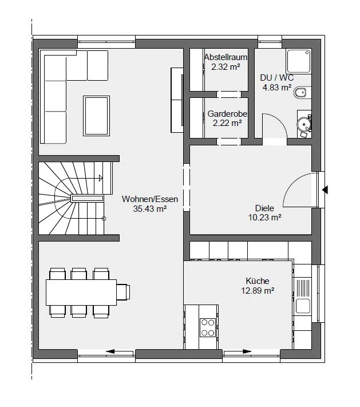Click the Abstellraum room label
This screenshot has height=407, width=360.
[x=226, y=57]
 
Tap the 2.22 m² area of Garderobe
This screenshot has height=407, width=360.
[x=227, y=123]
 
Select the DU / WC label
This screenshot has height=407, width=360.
[x=277, y=78]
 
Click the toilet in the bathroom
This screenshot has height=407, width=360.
[x=302, y=92]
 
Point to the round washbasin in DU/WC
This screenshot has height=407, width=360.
[x=303, y=124]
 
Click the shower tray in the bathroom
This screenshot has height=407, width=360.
[x=299, y=61]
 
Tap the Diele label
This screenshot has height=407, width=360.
[x=264, y=208]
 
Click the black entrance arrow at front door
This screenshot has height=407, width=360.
[x=325, y=190]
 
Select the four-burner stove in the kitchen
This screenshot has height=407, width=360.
[x=208, y=327]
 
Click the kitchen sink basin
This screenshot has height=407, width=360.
[x=303, y=306]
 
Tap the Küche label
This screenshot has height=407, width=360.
[x=258, y=281]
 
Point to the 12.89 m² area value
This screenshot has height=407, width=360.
[x=258, y=290]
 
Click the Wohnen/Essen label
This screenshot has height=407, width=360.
[x=150, y=199]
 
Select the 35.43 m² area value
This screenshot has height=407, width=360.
[x=150, y=209]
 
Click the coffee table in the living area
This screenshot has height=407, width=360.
[x=96, y=116]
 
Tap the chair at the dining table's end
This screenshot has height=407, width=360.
[x=123, y=293]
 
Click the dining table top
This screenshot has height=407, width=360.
[x=81, y=293]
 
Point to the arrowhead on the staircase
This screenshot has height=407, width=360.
[x=101, y=178]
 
